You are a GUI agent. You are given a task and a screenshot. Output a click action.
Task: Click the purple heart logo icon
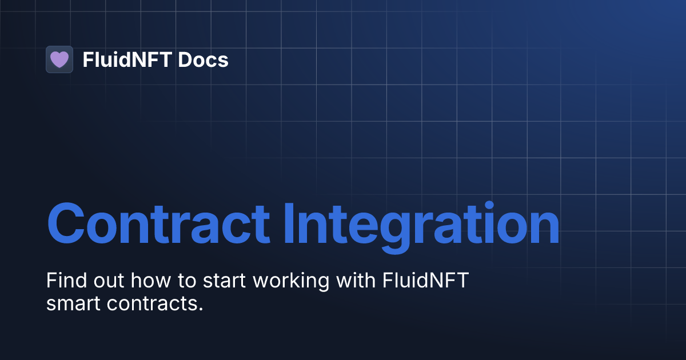pyautogui.click(x=59, y=59)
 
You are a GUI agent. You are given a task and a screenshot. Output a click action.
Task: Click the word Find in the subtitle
pyautogui.click(x=63, y=281)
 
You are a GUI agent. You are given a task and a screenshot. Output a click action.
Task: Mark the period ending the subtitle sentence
pyautogui.click(x=201, y=309)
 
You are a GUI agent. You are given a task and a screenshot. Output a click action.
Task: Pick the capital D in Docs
pyautogui.click(x=184, y=60)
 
